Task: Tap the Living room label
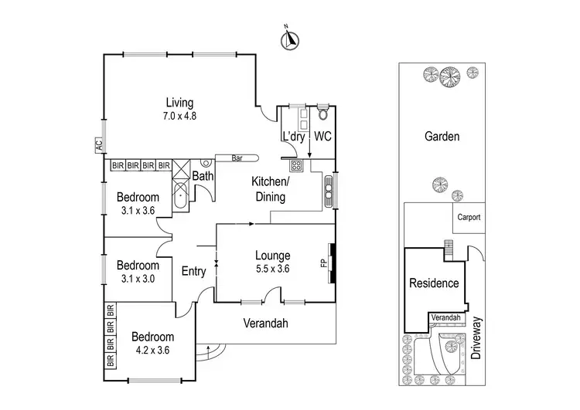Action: [x=178, y=103]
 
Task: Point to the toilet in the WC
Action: [x=323, y=115]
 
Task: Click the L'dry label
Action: [x=292, y=137]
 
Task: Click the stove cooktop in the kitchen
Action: [x=295, y=165]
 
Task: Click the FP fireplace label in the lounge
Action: [x=324, y=263]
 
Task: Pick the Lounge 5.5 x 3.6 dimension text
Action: [x=272, y=270]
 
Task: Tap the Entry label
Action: [x=193, y=271]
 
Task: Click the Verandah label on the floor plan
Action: [x=266, y=323]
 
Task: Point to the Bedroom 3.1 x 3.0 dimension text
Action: [x=139, y=279]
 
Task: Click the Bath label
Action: [x=203, y=177]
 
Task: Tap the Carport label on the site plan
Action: [x=468, y=217]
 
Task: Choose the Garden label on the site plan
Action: [x=442, y=137]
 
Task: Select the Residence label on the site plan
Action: [x=434, y=283]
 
